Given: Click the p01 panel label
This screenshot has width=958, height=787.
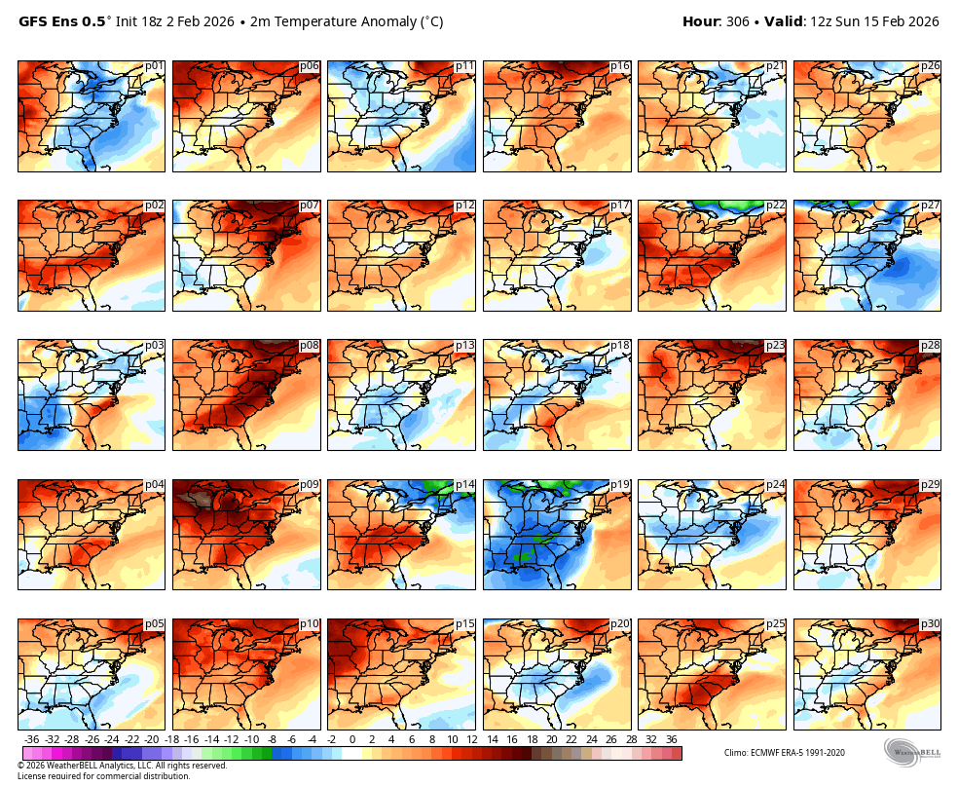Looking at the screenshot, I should [x=154, y=66].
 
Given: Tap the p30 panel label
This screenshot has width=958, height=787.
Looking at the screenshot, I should [x=930, y=624].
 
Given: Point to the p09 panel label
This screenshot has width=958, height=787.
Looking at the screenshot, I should [x=309, y=485].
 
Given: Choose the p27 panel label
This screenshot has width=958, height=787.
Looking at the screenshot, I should [x=930, y=206].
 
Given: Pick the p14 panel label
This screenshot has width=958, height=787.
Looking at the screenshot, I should [x=464, y=485].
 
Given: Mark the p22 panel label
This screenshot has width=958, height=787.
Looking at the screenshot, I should [x=775, y=206].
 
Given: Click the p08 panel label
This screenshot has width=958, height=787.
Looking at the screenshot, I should [x=309, y=346].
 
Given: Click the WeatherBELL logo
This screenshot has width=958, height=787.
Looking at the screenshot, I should [x=912, y=753].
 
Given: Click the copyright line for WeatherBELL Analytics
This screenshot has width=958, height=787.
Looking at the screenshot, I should [x=122, y=766].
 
